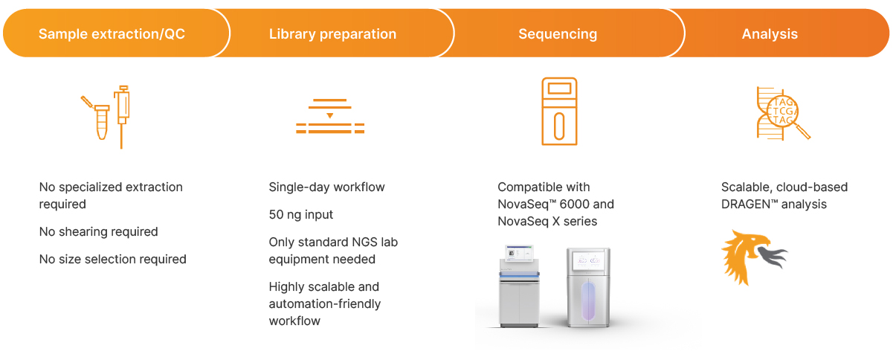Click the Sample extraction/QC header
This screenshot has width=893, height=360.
click(112, 34)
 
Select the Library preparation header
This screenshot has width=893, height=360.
click(332, 34)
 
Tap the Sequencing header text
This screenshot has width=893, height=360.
click(558, 34)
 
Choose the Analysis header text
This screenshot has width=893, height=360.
click(770, 34)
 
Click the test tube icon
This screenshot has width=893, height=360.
click(102, 121)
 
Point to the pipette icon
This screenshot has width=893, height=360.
click(122, 115)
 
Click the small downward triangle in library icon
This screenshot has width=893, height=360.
click(329, 115)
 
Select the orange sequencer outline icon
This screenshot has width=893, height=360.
click(559, 112)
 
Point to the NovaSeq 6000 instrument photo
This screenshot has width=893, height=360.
click(519, 286)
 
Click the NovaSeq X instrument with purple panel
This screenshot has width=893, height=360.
click(588, 287)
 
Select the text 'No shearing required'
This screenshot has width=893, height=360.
click(98, 231)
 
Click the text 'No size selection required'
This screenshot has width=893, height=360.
click(113, 259)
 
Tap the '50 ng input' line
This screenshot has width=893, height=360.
click(301, 214)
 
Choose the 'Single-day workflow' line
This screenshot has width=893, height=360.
click(326, 187)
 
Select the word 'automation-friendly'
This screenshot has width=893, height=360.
click(325, 303)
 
